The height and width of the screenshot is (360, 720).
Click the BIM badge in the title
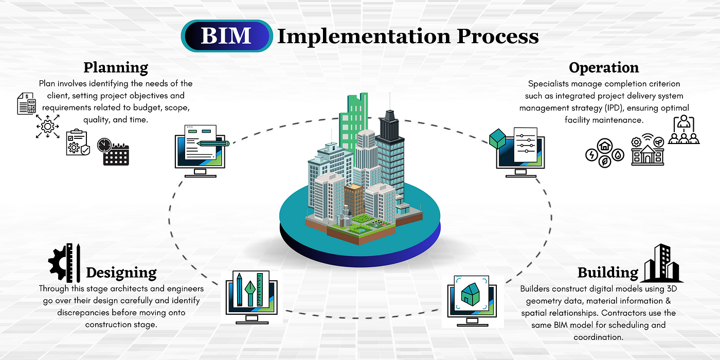[226, 35]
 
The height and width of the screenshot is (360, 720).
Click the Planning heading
[116, 67]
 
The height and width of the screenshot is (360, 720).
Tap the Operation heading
[604, 67]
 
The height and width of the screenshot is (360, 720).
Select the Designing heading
[121, 272]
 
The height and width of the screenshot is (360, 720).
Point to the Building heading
[607, 272]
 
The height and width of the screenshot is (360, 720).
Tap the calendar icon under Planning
[116, 154]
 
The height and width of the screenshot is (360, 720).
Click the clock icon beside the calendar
[104, 145]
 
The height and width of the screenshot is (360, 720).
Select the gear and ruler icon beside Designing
[65, 263]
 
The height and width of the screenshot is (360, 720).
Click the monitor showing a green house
[470, 300]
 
